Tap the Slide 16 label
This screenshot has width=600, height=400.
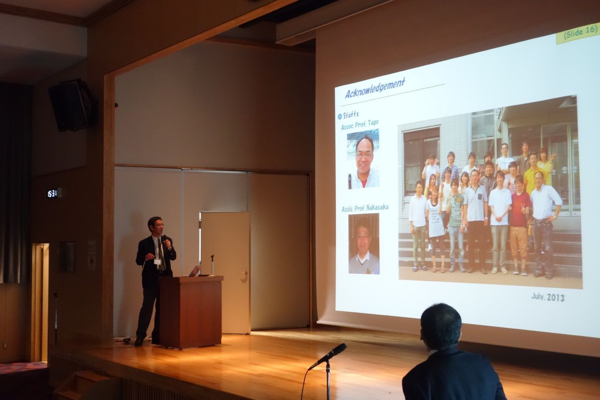(x=580, y=33)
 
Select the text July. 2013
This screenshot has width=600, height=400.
(x=548, y=297)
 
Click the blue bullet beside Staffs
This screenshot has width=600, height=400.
(x=340, y=116)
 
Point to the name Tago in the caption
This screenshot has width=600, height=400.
(x=373, y=123)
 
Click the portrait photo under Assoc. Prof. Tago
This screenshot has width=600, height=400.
(x=363, y=159)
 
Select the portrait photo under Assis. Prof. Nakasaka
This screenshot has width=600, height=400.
(x=364, y=243)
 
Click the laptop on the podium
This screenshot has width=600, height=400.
(x=195, y=271)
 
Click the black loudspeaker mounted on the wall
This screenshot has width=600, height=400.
(x=72, y=105)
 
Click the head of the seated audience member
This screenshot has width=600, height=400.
(x=441, y=326)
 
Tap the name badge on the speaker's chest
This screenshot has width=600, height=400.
(x=157, y=262)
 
